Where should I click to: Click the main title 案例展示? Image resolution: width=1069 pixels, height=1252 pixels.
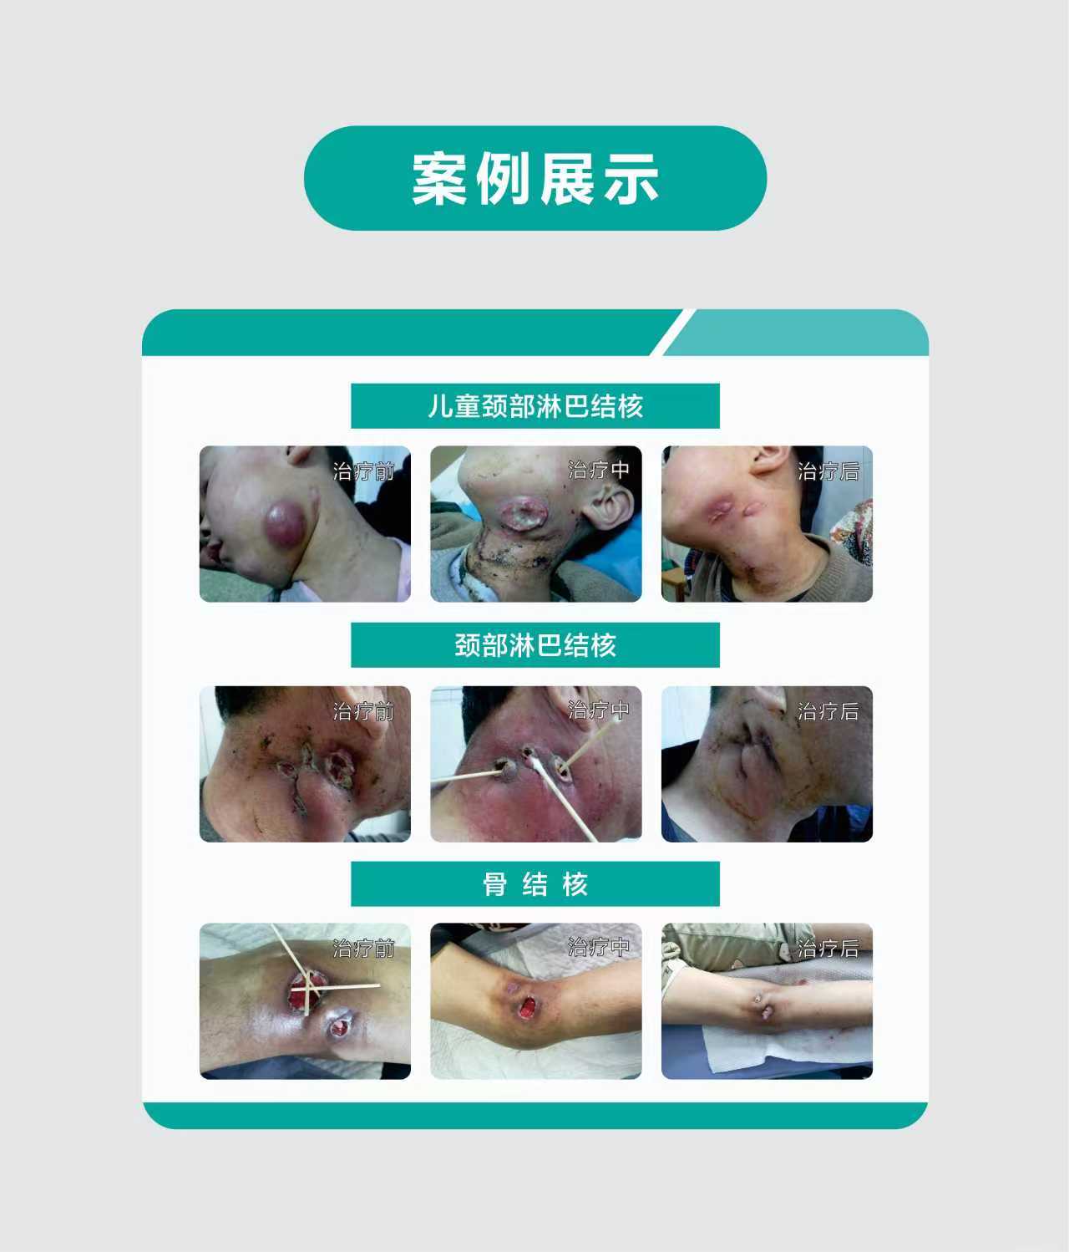point(535,179)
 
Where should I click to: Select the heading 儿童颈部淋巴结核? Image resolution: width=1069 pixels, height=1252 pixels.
point(535,406)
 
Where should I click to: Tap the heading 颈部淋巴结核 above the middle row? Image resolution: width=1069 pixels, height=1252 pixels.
point(535,645)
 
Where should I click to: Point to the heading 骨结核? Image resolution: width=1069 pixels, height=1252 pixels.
point(535,883)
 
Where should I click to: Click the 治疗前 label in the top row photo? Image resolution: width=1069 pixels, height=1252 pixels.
point(363,471)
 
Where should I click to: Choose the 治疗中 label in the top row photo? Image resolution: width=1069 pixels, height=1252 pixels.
point(598,470)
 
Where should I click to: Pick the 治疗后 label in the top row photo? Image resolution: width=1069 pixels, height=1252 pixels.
point(828,471)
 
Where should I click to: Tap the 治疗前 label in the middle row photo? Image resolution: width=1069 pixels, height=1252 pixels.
point(363,711)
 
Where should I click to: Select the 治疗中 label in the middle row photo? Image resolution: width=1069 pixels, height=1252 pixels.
point(598,710)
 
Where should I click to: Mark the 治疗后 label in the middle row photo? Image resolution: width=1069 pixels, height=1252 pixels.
point(828,711)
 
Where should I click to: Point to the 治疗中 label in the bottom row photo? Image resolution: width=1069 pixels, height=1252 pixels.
point(598,947)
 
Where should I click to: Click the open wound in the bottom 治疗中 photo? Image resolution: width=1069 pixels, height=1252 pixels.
point(527,1006)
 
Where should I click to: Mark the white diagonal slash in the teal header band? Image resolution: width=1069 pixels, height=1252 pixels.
point(672,332)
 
